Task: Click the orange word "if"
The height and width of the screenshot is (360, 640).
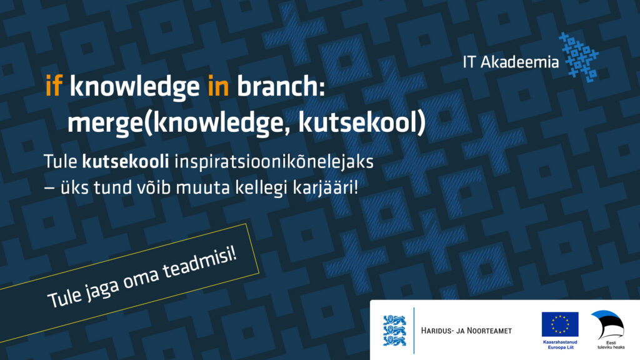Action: point(54,86)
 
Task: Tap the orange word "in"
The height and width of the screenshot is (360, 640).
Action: point(218,86)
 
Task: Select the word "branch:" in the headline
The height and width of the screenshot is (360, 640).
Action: point(281,86)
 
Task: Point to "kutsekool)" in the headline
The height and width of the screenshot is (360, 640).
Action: point(362,122)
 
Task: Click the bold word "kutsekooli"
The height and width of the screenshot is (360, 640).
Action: point(126,162)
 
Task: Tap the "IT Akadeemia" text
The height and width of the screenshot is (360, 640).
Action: point(511,62)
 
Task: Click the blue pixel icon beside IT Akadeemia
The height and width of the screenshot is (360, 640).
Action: point(579,57)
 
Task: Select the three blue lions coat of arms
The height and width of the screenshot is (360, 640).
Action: point(394,331)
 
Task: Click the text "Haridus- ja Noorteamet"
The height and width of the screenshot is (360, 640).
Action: point(466,331)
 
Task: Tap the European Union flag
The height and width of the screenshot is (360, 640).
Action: point(560,324)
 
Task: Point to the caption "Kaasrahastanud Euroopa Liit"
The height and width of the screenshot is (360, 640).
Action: point(560,344)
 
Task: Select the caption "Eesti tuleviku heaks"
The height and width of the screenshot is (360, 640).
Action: point(611,345)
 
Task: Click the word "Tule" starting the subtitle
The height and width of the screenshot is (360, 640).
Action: point(61,162)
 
